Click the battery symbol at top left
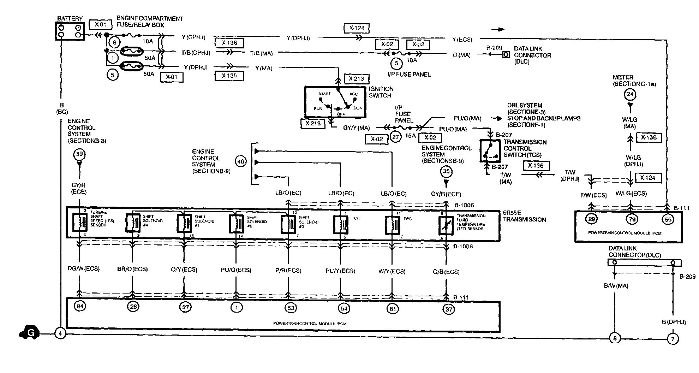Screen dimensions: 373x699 70,31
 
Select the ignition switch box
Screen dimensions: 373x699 335,102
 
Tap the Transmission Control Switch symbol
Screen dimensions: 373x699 490,151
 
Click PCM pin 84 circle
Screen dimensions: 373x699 80,306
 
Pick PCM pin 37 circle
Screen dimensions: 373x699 448,309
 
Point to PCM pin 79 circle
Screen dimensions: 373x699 632,219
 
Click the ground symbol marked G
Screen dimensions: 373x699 30,333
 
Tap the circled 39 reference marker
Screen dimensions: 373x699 79,154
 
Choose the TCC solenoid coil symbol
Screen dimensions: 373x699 340,224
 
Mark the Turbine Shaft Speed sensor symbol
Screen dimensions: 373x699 79,223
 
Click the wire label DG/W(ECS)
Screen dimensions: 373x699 83,269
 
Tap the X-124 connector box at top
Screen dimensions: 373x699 357,28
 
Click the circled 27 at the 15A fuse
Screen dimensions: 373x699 396,137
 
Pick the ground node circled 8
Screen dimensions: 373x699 615,338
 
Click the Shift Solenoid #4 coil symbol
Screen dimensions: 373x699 132,223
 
